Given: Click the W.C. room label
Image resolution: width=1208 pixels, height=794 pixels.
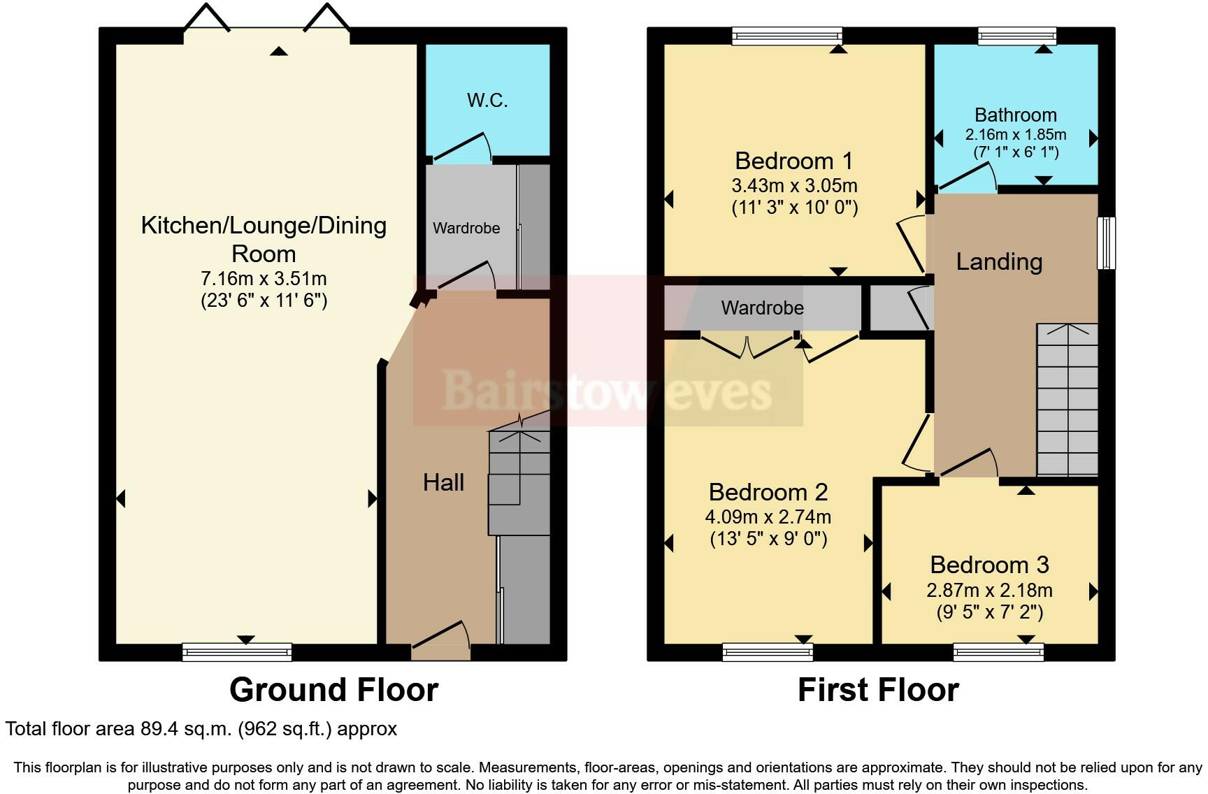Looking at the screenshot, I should (x=487, y=101).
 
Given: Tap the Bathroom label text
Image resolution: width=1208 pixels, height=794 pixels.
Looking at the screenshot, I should (x=1015, y=115).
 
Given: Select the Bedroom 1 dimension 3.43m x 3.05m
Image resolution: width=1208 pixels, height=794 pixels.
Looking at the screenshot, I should (x=794, y=186).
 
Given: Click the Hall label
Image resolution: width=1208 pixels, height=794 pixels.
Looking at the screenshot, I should (x=443, y=482).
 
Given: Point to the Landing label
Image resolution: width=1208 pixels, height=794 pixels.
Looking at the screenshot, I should (x=999, y=262).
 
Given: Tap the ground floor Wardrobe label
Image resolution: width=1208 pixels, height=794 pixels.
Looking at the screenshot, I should (x=466, y=229).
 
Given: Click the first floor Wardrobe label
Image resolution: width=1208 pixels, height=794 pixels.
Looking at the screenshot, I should (x=762, y=308).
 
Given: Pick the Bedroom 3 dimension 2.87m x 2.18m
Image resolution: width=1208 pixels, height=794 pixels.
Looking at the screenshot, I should (x=989, y=591).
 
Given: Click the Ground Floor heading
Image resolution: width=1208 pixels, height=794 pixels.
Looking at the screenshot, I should (x=333, y=691).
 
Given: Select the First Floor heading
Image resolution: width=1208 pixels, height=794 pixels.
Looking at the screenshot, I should (x=878, y=691).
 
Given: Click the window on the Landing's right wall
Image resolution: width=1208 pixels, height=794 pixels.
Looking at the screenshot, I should (x=1106, y=243).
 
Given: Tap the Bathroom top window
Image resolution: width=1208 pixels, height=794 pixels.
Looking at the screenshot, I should (x=1016, y=36).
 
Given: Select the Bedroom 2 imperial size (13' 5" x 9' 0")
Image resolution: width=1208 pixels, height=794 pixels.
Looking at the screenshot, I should (x=768, y=539).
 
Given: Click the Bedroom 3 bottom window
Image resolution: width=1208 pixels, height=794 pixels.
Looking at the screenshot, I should (x=998, y=652).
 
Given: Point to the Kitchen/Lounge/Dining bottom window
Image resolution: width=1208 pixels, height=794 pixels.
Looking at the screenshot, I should (x=237, y=652).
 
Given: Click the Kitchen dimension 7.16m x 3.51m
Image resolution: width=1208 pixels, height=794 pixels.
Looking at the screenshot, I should (x=264, y=279).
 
